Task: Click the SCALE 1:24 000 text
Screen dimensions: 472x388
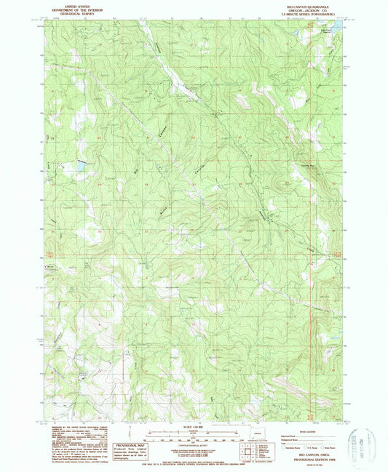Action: [x=193, y=425]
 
